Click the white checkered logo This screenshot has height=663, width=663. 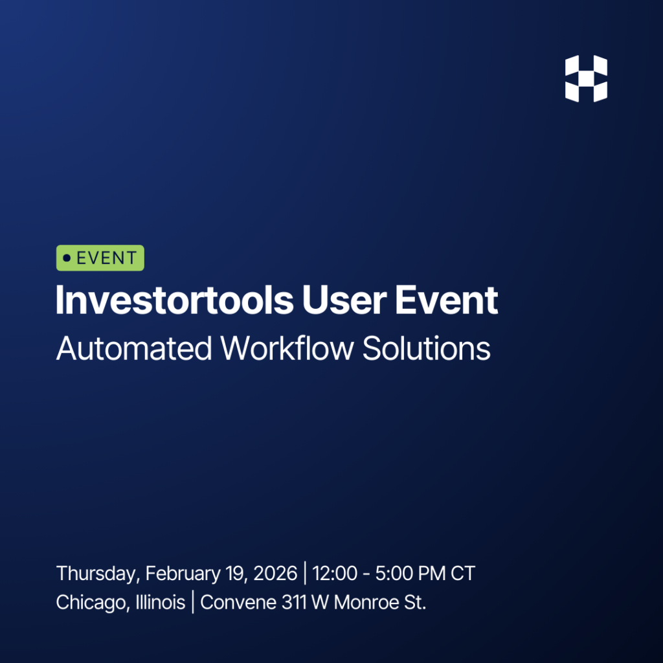(586, 78)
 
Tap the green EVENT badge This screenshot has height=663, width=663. (100, 258)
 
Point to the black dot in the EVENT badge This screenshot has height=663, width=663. (67, 258)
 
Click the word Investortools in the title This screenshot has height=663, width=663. (175, 300)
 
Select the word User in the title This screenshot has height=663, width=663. (344, 300)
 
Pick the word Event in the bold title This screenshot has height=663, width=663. (447, 300)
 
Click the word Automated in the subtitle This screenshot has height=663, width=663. (133, 349)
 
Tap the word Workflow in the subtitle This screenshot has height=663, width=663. (287, 349)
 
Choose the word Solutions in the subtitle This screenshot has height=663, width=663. (426, 349)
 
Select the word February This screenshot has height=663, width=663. (183, 574)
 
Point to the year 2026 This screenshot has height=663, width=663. (275, 574)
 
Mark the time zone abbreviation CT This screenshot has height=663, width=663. (462, 574)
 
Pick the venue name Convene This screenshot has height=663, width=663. (238, 603)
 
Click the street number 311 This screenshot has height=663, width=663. (294, 603)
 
